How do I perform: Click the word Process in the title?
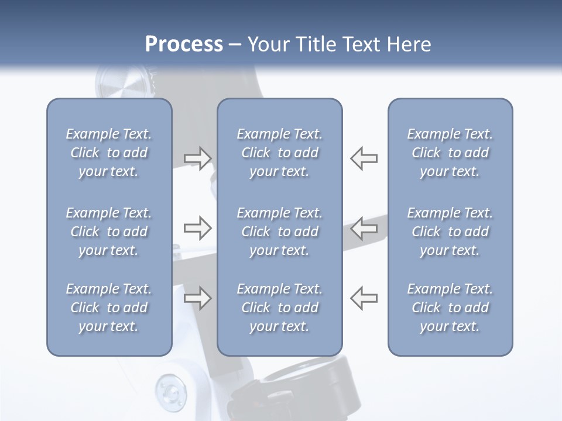pos(184,44)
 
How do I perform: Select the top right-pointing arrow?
pos(198,158)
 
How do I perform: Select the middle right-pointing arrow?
pos(198,228)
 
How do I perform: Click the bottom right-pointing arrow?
pos(198,298)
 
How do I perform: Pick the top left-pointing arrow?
pos(364,158)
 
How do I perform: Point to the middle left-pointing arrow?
pos(364,228)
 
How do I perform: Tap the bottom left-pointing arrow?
pos(364,298)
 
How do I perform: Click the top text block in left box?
pos(109,153)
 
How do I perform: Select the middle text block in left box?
pos(109,232)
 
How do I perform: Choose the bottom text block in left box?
pos(109,308)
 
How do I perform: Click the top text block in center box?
pos(279,153)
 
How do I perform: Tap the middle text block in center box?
pos(279,232)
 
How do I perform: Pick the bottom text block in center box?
pos(279,308)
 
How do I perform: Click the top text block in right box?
pos(450,153)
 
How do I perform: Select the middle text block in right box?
pos(450,232)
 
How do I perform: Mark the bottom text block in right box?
pos(450,308)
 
